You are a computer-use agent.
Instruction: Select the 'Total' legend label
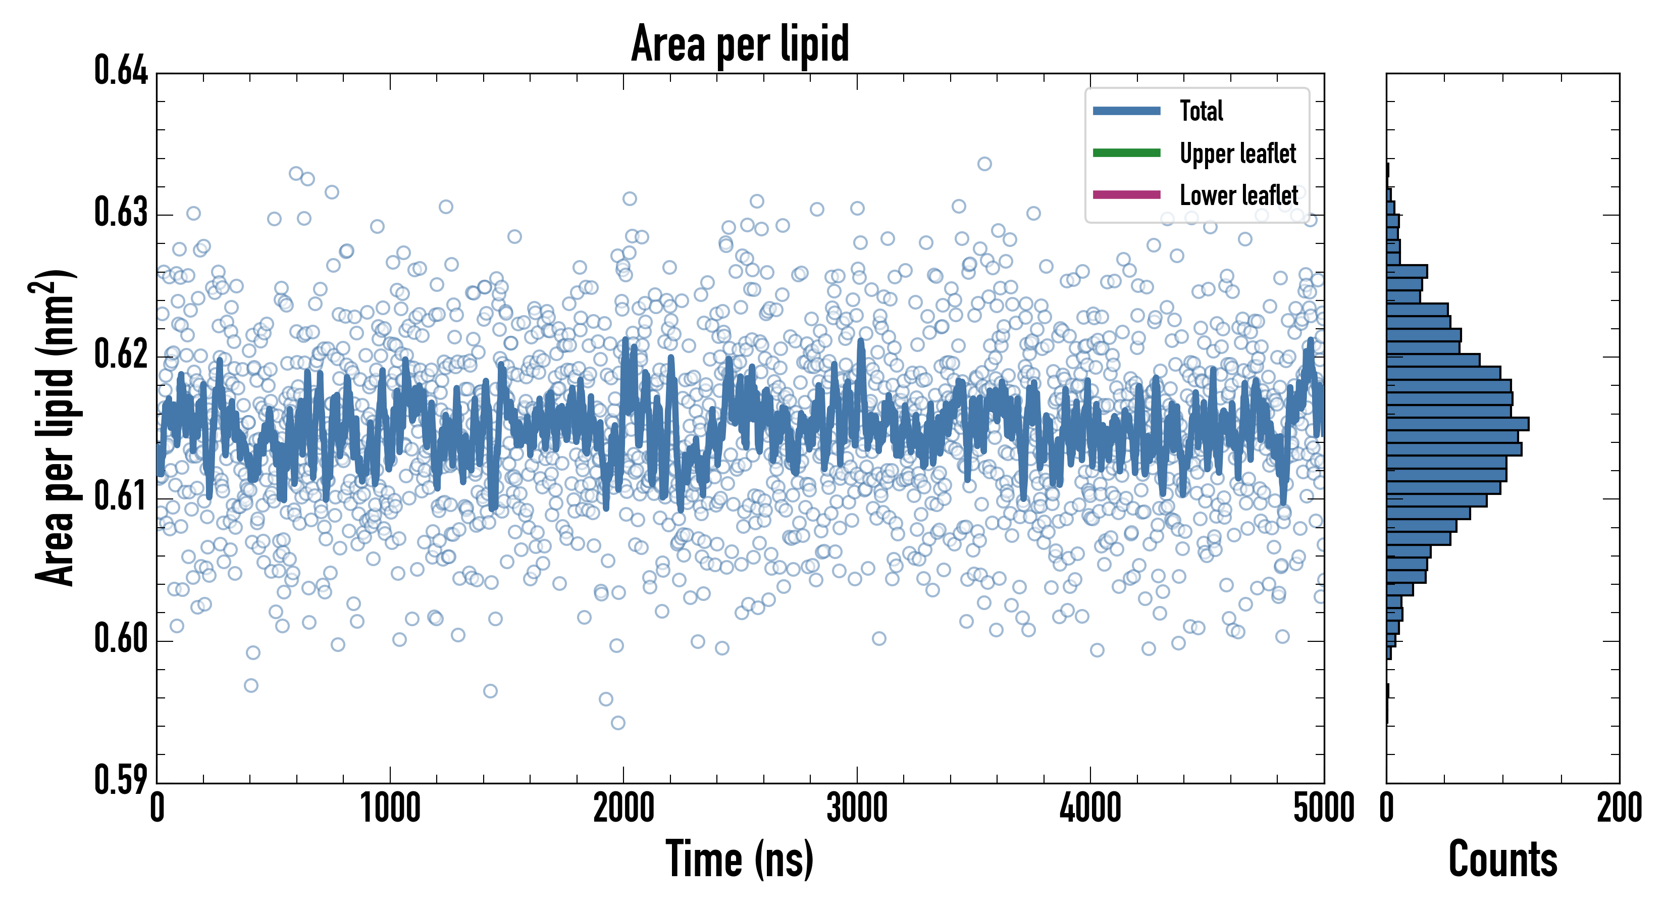1201,111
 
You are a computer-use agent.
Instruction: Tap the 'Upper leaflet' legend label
1237,154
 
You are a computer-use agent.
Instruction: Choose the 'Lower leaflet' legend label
1238,195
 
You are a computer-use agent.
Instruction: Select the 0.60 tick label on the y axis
121,638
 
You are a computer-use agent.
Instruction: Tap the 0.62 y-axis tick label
121,354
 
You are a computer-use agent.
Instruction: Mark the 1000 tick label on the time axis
390,808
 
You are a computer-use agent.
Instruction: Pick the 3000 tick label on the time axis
857,808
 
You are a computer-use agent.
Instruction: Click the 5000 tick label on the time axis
1323,808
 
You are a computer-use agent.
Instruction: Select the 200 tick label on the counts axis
1619,808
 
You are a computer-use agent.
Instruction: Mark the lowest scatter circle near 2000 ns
617,723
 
